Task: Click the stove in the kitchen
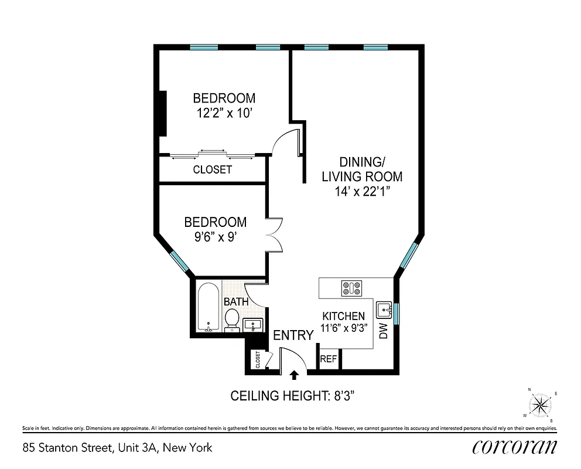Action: point(351,288)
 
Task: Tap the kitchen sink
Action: point(384,308)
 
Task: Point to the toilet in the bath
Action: point(232,320)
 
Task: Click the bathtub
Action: point(208,308)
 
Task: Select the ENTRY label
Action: point(293,335)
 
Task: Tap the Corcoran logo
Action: point(514,447)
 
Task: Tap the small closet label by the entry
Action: point(257,360)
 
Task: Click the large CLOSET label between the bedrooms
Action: point(212,170)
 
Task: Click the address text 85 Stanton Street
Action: point(117,448)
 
